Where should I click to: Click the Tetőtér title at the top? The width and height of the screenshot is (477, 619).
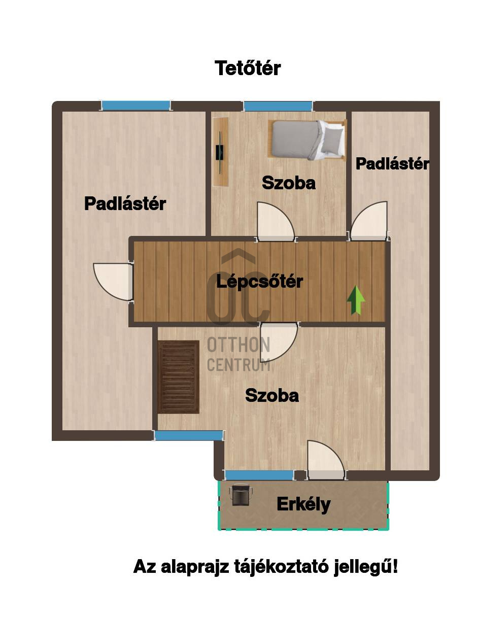click(x=248, y=68)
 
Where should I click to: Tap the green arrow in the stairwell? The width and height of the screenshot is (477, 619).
click(x=356, y=300)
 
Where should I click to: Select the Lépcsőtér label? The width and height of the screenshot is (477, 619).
click(x=259, y=282)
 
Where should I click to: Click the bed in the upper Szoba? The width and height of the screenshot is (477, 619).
click(x=307, y=140)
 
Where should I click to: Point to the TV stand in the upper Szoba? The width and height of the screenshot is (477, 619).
click(x=220, y=151)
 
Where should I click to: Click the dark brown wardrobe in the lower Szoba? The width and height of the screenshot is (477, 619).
click(x=178, y=377)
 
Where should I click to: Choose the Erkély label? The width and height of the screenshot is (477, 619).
click(x=303, y=505)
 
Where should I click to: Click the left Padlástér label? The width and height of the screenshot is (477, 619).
click(x=125, y=203)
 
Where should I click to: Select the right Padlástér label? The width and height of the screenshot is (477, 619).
click(x=392, y=164)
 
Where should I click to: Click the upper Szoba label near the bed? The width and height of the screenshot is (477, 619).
click(x=289, y=183)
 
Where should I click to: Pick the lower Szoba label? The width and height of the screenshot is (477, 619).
click(x=272, y=395)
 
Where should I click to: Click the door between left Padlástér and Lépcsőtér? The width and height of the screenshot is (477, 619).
click(x=113, y=282)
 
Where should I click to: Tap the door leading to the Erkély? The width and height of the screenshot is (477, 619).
click(x=326, y=460)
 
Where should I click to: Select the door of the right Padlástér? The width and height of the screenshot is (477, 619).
click(x=369, y=221)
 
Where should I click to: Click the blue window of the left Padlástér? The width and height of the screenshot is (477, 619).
click(x=136, y=106)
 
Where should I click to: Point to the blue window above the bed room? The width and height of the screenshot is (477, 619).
click(x=278, y=106)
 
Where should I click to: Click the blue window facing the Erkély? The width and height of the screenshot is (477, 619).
click(x=259, y=475)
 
